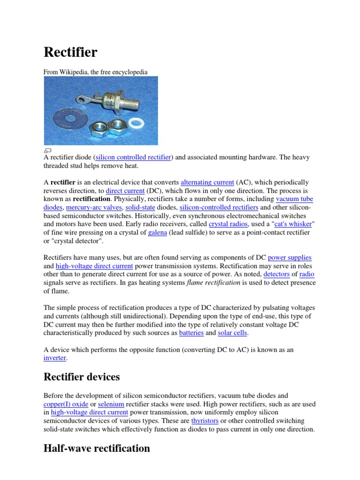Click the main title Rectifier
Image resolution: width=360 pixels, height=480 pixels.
tap(70, 52)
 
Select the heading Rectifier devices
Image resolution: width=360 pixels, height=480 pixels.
tap(82, 377)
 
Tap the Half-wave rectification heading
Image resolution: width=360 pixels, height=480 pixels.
tap(97, 448)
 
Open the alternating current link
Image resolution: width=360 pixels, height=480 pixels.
tap(207, 182)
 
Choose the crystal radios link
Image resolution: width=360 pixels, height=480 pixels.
tap(228, 225)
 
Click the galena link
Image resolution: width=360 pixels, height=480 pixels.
tap(157, 233)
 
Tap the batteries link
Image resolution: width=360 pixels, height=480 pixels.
tap(191, 333)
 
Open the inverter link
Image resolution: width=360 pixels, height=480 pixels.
tap(55, 358)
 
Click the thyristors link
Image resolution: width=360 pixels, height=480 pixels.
tap(205, 421)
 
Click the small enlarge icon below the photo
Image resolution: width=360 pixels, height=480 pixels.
tap(47, 150)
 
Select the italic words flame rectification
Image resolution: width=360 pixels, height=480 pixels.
tap(213, 283)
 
